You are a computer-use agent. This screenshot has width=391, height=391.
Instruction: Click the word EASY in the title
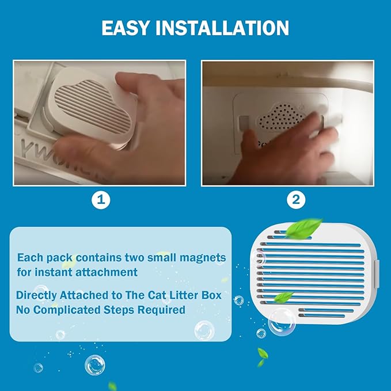126,28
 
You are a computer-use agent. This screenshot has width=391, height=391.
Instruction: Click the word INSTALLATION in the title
222,28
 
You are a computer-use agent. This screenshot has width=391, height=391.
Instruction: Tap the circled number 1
101,200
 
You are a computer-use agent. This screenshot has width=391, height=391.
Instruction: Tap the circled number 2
296,200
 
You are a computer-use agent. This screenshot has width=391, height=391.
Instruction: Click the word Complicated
67,310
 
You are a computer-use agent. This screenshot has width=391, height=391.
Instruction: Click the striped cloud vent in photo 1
93,105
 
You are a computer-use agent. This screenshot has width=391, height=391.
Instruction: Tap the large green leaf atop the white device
303,228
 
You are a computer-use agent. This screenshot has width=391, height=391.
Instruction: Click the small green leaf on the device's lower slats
283,297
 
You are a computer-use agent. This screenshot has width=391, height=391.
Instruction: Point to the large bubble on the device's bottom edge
282,322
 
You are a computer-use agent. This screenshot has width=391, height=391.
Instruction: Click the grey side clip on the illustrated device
377,274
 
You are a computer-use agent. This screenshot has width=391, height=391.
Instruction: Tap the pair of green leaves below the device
262,357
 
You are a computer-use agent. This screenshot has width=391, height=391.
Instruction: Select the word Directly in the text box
36,295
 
